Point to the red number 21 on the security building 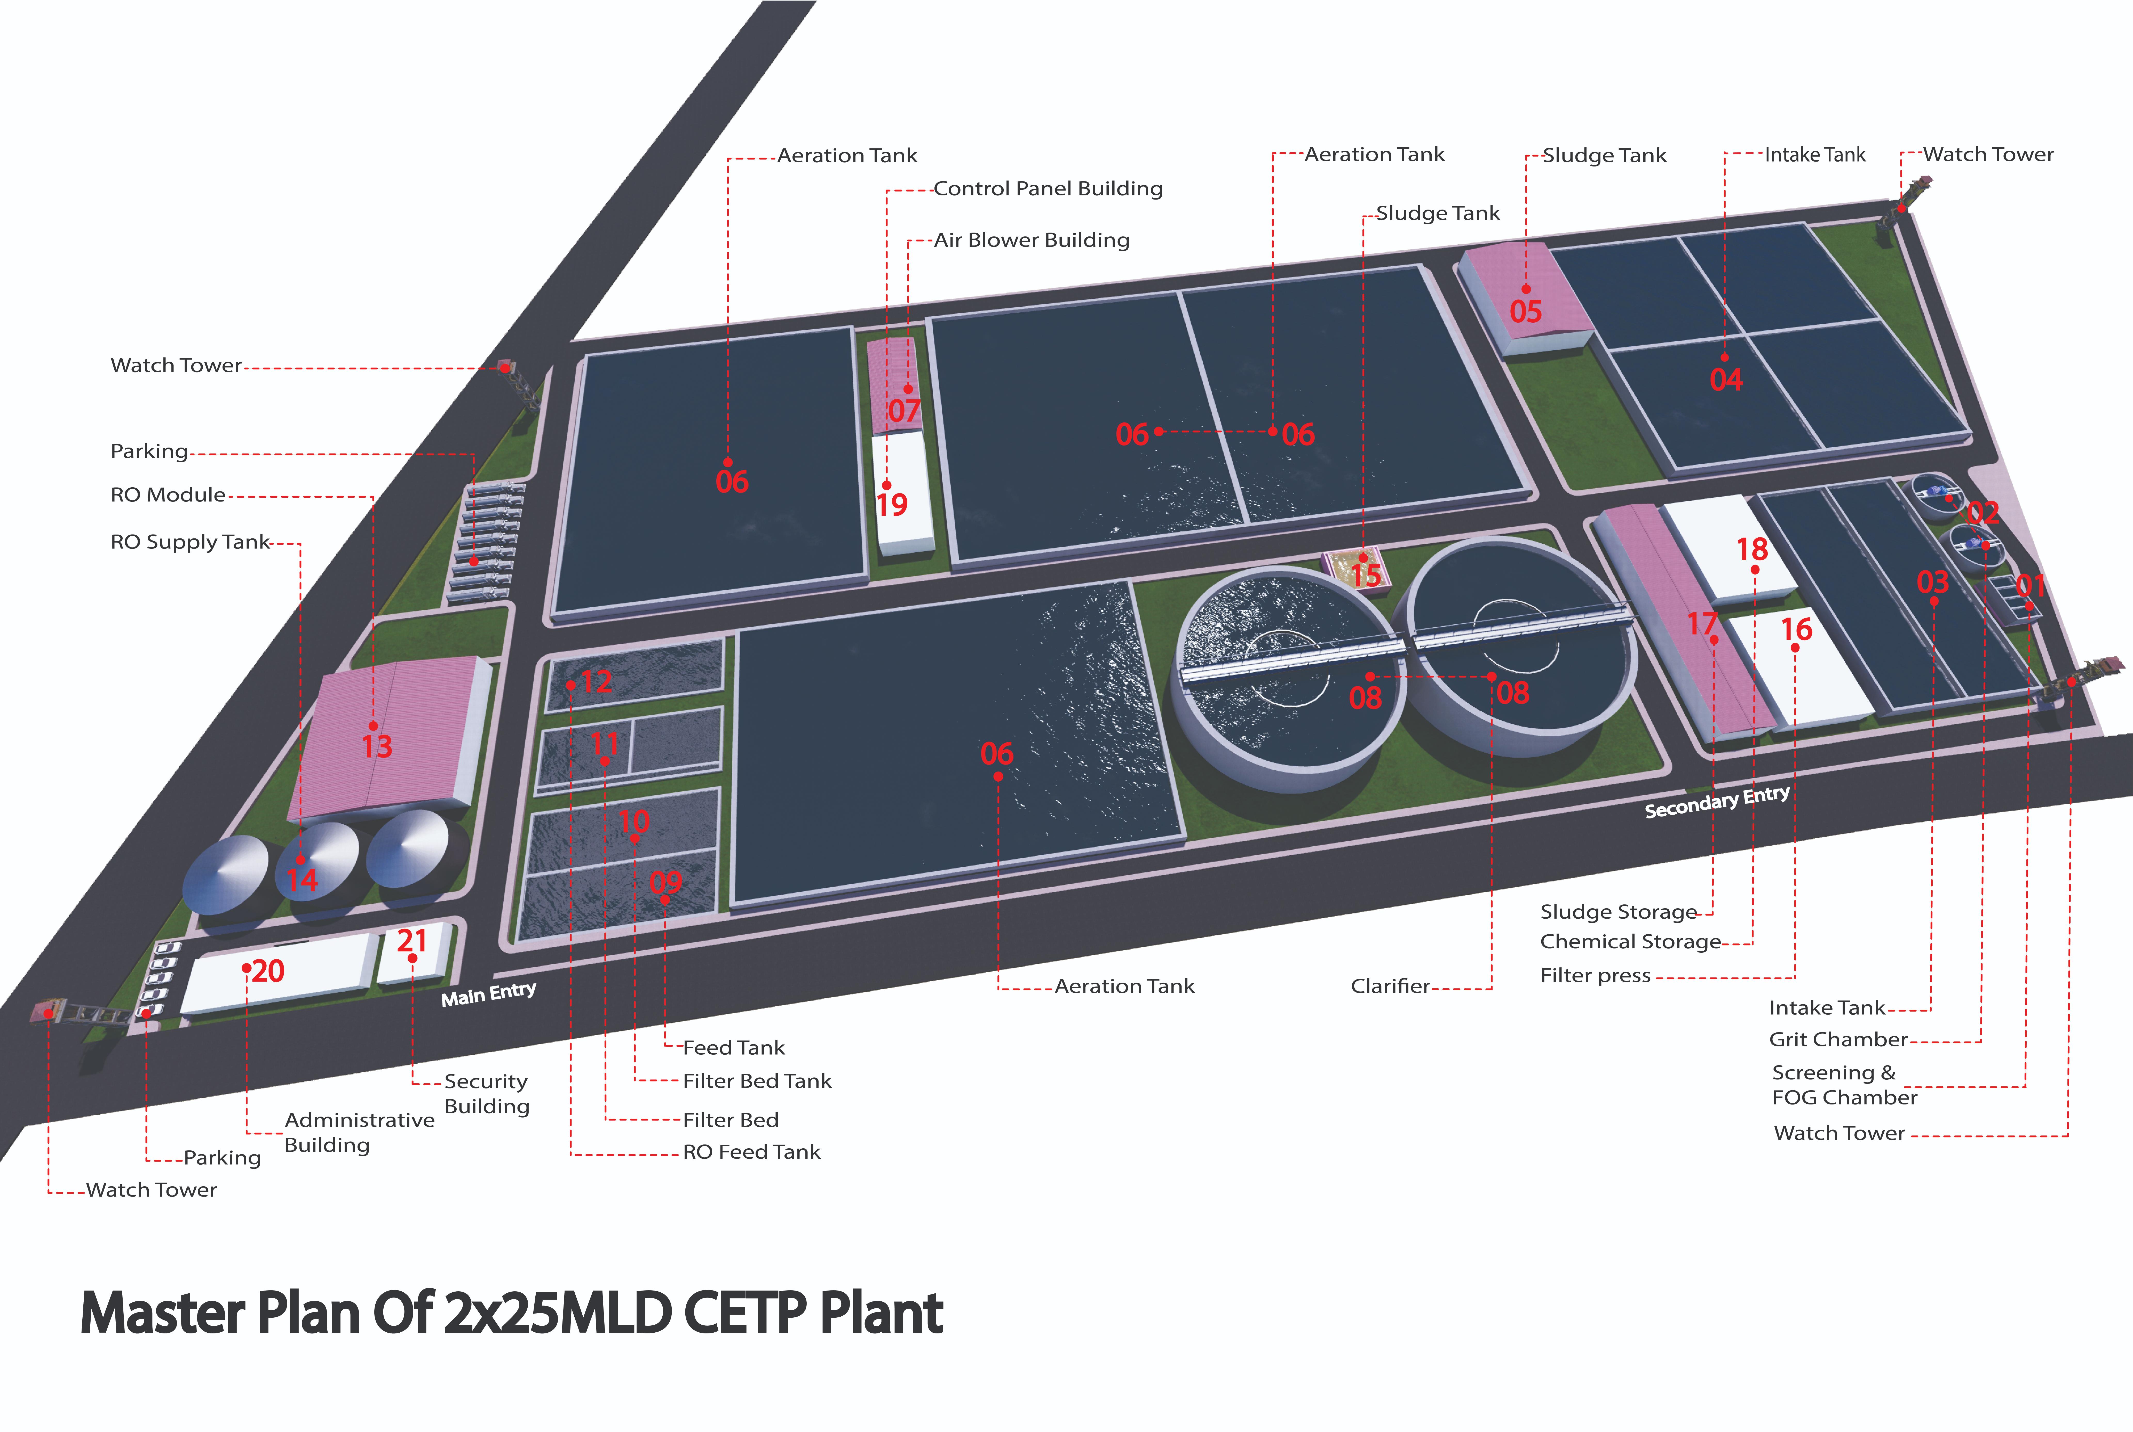pos(412,941)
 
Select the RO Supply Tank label pos(190,543)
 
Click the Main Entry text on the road pos(488,994)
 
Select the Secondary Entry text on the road pos(1717,802)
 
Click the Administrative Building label pos(359,1132)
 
